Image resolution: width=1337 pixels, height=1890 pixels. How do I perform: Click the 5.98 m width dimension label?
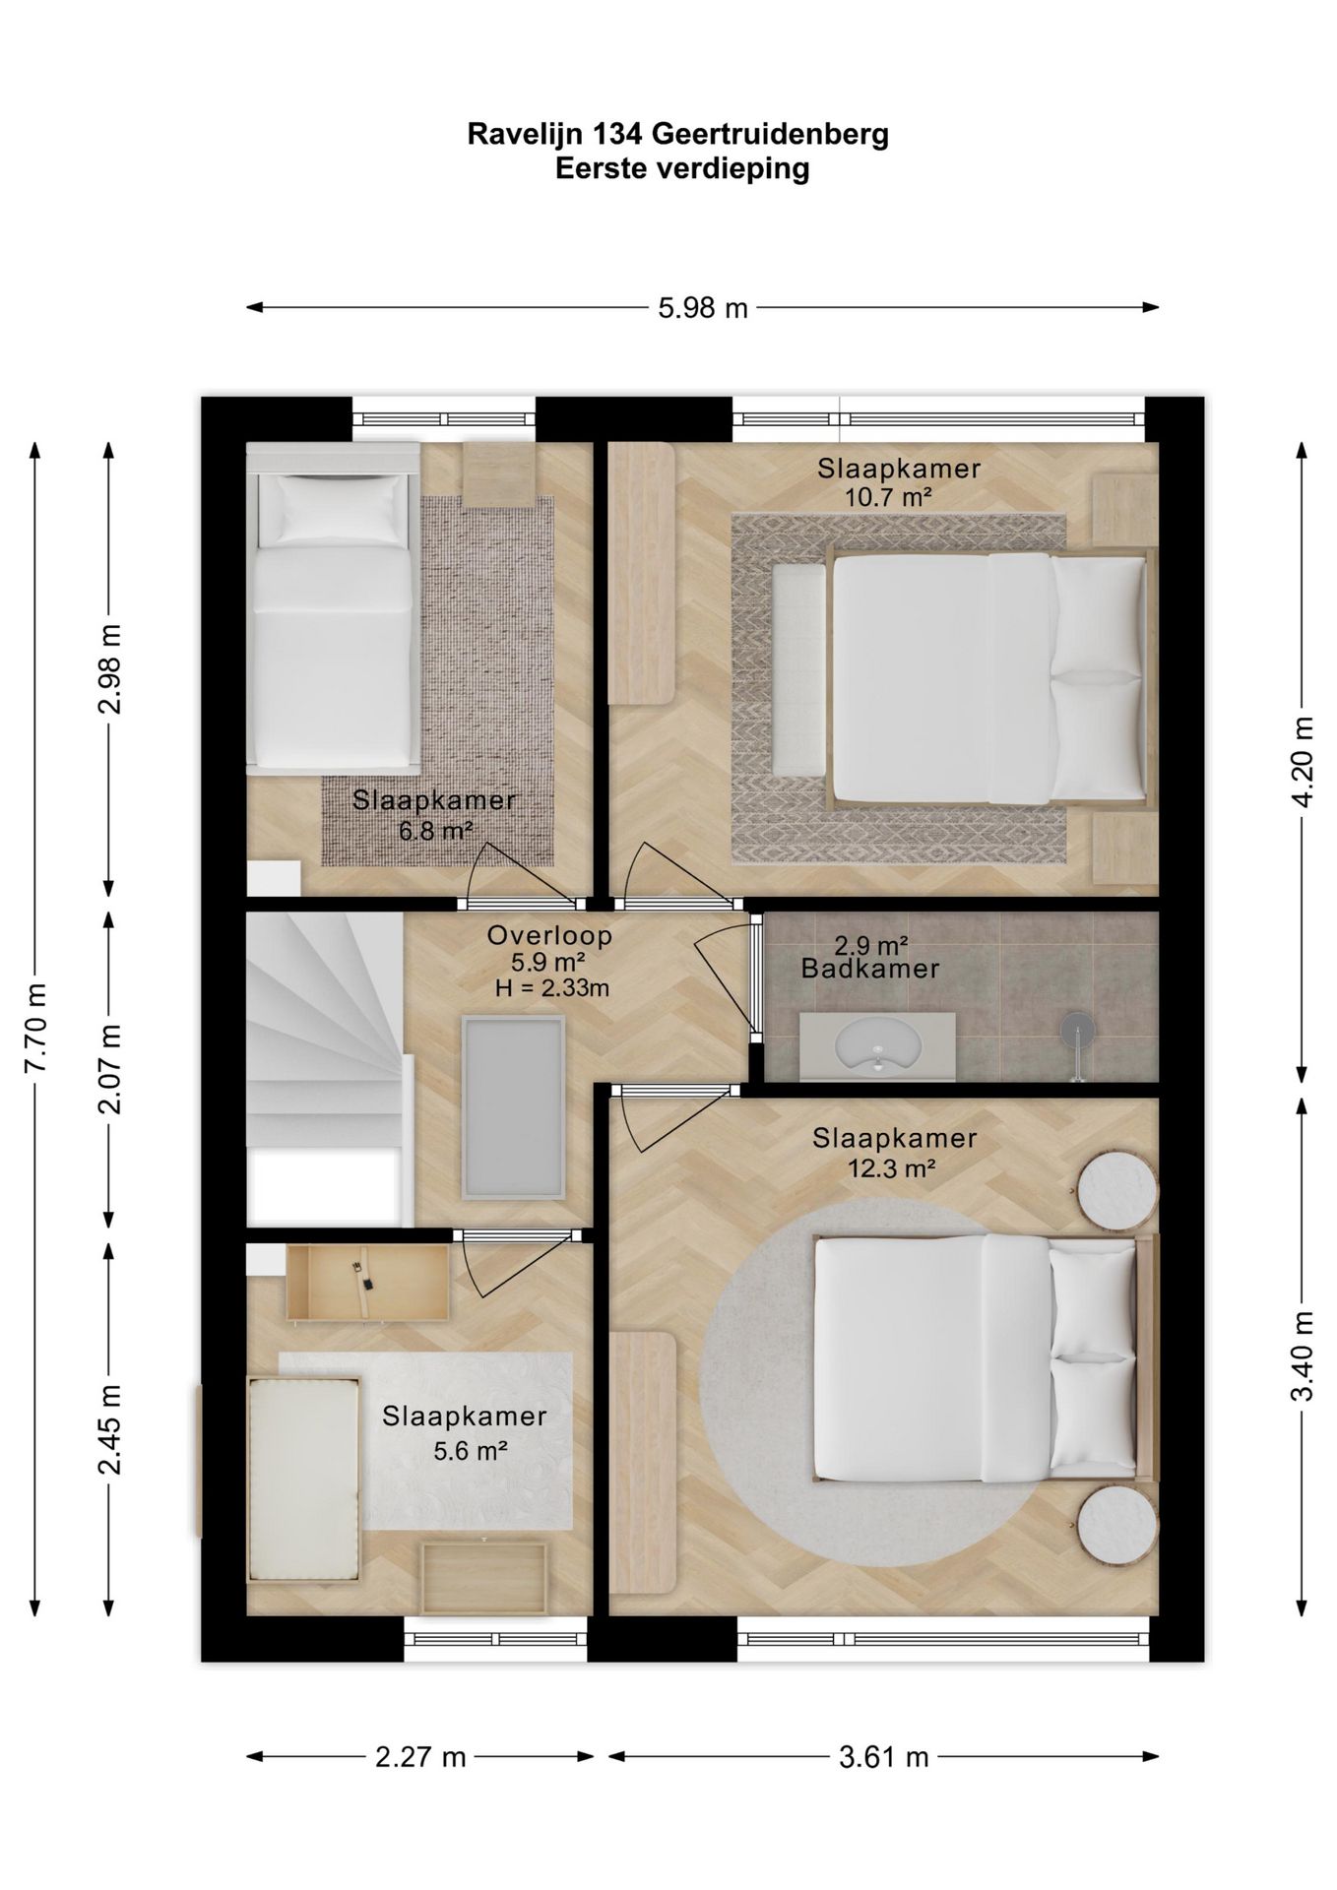click(703, 308)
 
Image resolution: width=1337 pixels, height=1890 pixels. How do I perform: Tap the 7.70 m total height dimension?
click(35, 1028)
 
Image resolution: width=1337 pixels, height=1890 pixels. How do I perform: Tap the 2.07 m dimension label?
click(110, 1068)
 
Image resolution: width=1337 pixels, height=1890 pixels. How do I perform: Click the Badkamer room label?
click(870, 969)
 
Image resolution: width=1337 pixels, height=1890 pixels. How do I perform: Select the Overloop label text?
click(550, 935)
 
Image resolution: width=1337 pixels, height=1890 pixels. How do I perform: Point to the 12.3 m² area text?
click(891, 1168)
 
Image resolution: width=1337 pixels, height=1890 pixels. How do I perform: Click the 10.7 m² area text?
click(888, 497)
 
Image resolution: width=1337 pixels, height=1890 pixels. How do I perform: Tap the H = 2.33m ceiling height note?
click(552, 987)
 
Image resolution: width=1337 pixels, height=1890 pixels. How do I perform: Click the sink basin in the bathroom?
click(876, 1046)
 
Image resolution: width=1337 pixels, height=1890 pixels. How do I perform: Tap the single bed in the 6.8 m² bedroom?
click(332, 605)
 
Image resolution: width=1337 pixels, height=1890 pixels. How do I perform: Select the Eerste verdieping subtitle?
click(682, 168)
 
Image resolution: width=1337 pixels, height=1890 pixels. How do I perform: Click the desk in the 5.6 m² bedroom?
click(367, 1282)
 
